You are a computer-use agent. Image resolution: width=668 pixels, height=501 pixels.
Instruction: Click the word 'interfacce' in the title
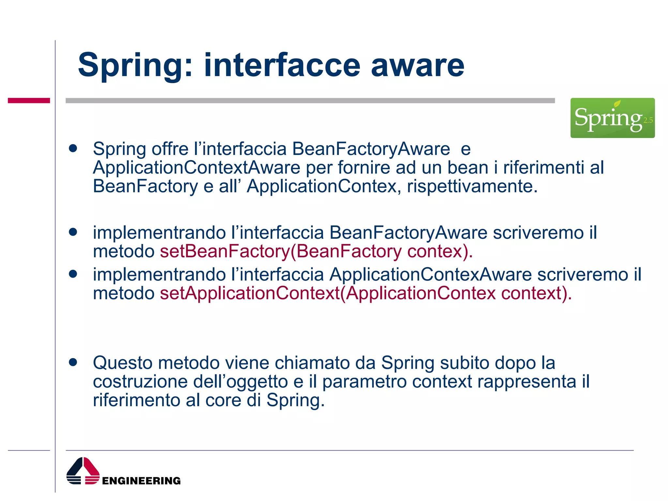282,65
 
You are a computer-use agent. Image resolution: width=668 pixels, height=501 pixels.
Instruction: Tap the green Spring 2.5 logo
612,118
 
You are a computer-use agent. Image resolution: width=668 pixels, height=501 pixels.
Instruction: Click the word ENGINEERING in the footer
141,481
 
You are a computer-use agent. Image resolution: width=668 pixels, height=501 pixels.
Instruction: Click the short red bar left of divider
29,100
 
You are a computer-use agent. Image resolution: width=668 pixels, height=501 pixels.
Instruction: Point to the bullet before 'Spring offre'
73,149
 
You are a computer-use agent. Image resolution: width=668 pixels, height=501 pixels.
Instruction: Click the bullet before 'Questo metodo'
73,362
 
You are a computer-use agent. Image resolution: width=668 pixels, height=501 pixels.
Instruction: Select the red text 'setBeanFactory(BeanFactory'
281,251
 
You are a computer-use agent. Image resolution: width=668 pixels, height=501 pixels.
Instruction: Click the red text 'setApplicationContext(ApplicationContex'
327,293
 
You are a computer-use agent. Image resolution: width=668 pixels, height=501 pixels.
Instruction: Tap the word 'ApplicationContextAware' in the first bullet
196,168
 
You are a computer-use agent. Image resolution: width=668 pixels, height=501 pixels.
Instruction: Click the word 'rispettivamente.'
472,187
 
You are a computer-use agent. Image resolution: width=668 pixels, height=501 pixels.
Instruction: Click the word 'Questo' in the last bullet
122,363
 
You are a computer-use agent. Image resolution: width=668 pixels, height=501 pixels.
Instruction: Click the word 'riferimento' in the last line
136,400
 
